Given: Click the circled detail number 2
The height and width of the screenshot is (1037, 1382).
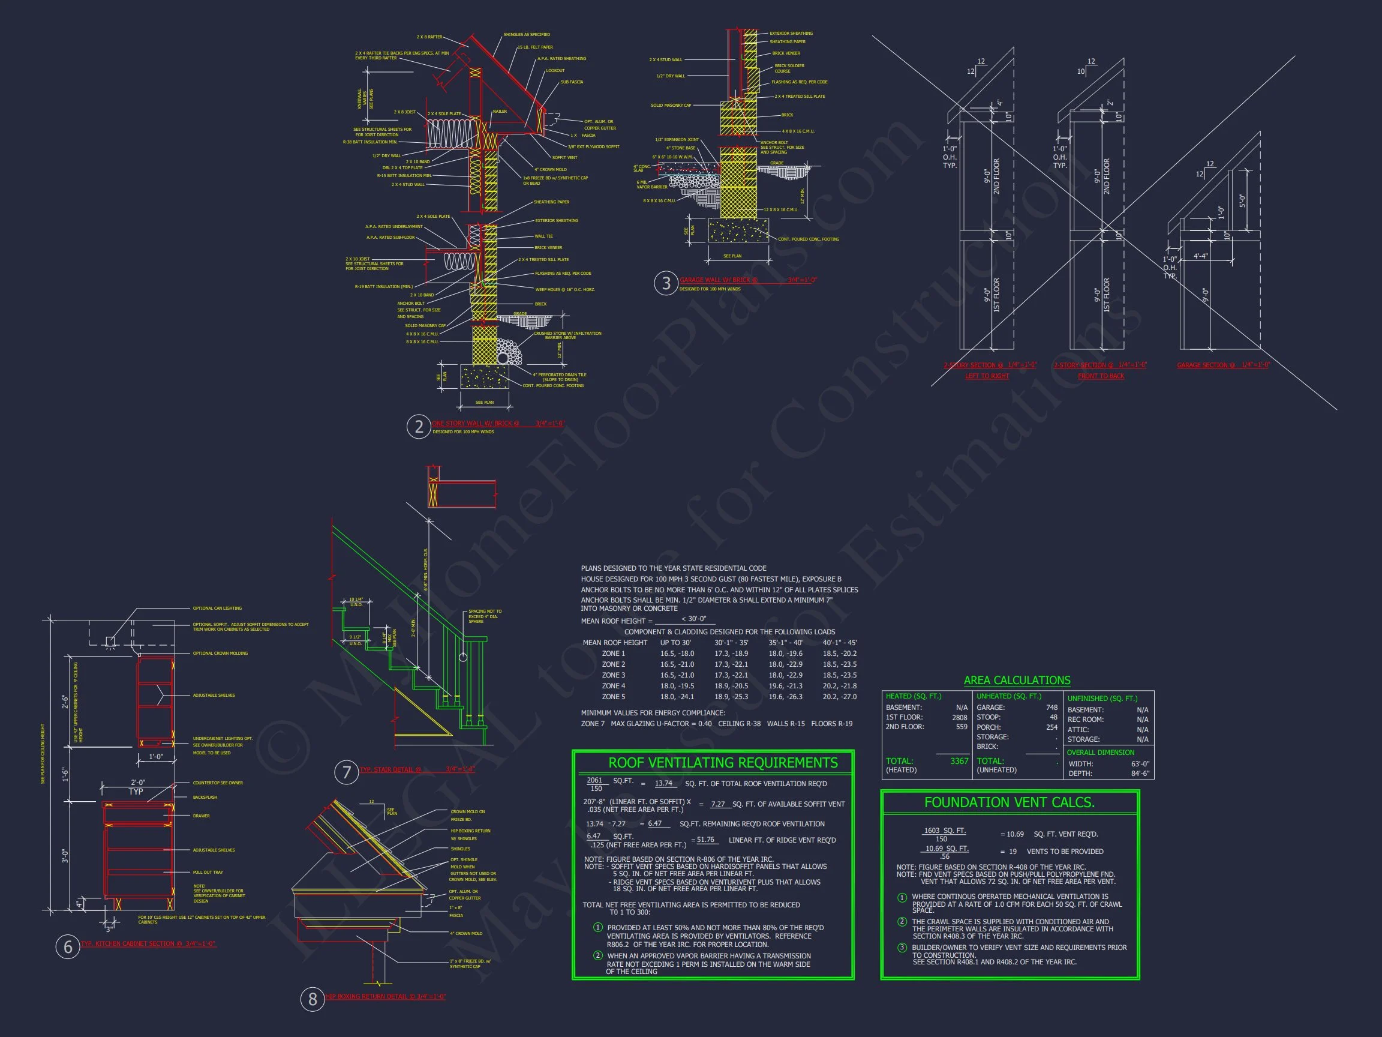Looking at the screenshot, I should pyautogui.click(x=419, y=426).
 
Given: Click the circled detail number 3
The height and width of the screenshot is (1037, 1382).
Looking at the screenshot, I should pyautogui.click(x=665, y=283).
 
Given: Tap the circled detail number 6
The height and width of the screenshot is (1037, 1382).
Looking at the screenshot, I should pyautogui.click(x=67, y=947).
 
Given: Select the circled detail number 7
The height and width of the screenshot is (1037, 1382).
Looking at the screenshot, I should pyautogui.click(x=346, y=772).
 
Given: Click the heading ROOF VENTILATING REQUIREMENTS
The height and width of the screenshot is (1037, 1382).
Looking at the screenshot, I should pyautogui.click(x=723, y=763).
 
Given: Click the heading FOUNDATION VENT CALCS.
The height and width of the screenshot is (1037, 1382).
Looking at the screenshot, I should pyautogui.click(x=1009, y=802).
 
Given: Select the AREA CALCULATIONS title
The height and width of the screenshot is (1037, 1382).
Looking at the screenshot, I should pyautogui.click(x=1017, y=680).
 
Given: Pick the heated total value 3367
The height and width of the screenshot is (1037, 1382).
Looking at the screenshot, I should pyautogui.click(x=959, y=761).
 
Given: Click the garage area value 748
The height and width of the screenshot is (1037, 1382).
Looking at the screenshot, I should pyautogui.click(x=1051, y=708).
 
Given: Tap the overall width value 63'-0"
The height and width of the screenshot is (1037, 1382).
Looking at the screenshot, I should pyautogui.click(x=1140, y=764).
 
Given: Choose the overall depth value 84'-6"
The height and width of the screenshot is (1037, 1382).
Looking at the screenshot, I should pyautogui.click(x=1140, y=773).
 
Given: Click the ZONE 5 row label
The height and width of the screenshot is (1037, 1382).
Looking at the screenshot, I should pyautogui.click(x=613, y=696).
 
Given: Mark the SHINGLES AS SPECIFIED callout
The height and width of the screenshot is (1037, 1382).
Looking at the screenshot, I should pyautogui.click(x=527, y=35).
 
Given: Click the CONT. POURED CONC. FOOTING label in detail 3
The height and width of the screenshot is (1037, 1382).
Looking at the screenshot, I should pyautogui.click(x=809, y=239).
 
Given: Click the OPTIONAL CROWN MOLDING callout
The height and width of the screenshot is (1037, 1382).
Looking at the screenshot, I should pyautogui.click(x=220, y=653).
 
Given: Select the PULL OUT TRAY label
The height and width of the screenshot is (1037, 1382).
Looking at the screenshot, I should pyautogui.click(x=208, y=872).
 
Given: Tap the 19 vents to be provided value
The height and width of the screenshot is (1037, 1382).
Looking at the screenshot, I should pyautogui.click(x=1013, y=852).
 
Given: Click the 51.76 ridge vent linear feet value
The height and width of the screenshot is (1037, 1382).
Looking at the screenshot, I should pyautogui.click(x=705, y=840).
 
